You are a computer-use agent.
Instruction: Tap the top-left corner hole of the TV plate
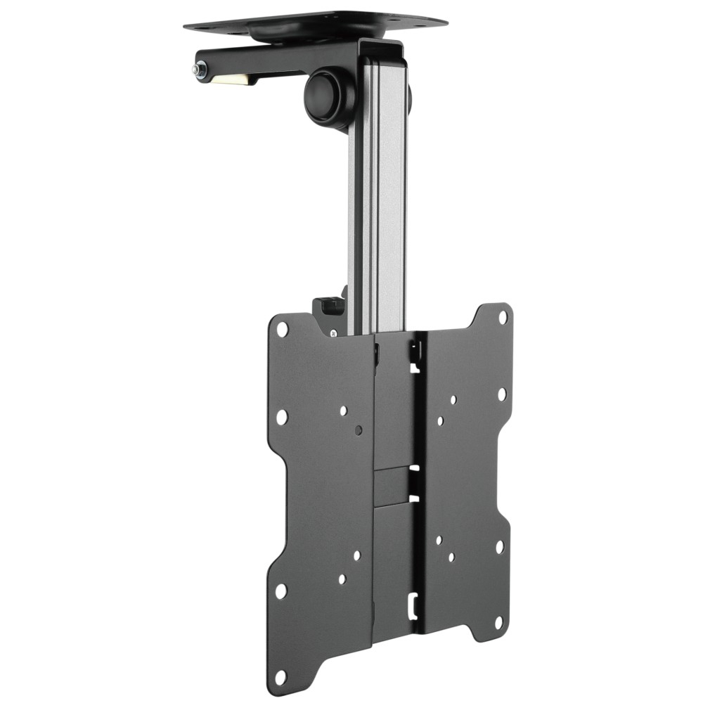[x=282, y=328]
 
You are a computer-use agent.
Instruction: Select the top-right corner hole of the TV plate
[x=503, y=317]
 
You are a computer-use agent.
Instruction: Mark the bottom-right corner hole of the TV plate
[x=498, y=623]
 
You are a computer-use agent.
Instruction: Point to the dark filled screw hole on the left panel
[x=359, y=430]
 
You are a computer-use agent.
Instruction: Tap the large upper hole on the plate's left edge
[x=282, y=417]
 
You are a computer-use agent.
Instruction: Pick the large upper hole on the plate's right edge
[x=502, y=394]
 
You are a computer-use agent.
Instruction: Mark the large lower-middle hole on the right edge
[x=499, y=546]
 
